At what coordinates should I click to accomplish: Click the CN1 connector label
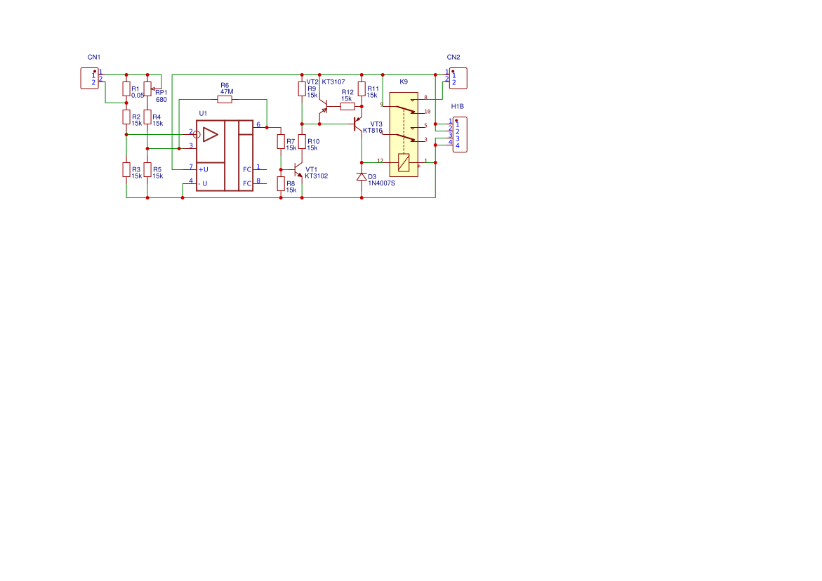(x=94, y=57)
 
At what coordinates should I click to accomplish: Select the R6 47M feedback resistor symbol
(x=225, y=100)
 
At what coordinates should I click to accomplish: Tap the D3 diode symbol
(x=362, y=176)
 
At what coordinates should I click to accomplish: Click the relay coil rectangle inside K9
(x=404, y=162)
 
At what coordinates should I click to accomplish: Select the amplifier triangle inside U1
(x=211, y=133)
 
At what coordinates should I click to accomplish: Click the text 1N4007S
(x=382, y=183)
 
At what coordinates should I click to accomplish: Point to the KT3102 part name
(x=316, y=176)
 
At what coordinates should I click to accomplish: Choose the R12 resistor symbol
(x=347, y=107)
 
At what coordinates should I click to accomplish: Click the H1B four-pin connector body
(x=459, y=134)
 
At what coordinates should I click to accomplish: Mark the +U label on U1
(x=203, y=169)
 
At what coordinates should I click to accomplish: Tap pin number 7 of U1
(x=191, y=167)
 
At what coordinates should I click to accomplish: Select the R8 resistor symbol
(x=281, y=184)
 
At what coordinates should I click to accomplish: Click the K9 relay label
(x=404, y=82)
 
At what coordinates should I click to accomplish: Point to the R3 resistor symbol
(x=126, y=169)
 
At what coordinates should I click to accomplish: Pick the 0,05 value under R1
(x=138, y=96)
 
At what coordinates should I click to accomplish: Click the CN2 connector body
(x=458, y=78)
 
